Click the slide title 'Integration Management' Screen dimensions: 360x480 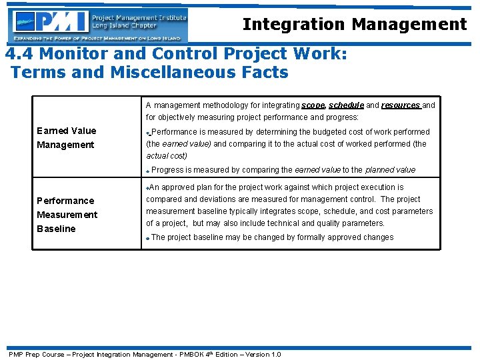coord(355,25)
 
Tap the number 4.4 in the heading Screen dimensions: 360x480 coord(19,53)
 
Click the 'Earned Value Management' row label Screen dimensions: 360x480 coord(66,137)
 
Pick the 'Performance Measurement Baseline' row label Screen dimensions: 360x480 coord(66,214)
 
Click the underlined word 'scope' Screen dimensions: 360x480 coord(313,105)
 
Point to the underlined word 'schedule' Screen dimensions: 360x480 coord(346,105)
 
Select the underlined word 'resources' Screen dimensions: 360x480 coord(401,105)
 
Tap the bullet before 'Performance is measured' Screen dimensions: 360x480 coord(149,133)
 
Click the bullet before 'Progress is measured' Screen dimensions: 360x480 coord(149,171)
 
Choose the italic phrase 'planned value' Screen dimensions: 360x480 coord(390,170)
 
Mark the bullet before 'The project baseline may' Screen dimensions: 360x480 coord(149,239)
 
